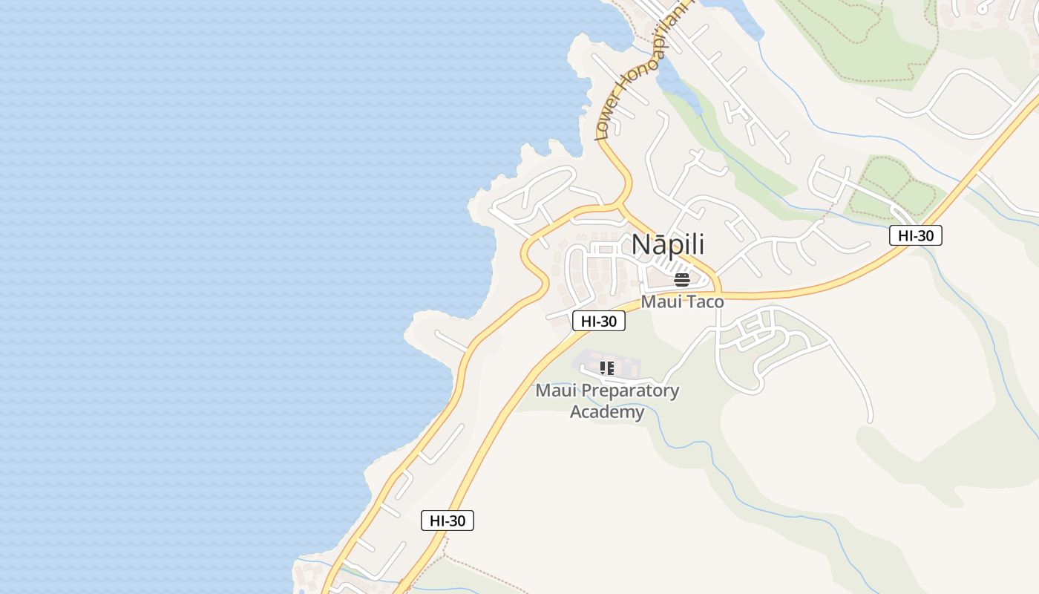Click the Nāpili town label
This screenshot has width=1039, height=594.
pos(668,244)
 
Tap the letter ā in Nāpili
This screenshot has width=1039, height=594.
pos(657,244)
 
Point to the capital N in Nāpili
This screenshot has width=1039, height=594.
pos(640,244)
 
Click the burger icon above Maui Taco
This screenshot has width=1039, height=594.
pos(681,280)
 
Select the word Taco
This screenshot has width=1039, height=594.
pos(706,302)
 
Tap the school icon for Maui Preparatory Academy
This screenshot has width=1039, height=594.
pos(607,368)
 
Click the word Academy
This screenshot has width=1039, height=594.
pos(607,411)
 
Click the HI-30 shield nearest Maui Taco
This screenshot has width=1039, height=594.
pos(598,321)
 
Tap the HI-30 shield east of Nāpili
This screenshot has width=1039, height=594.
pos(915,235)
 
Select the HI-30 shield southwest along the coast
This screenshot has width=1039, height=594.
pos(447,520)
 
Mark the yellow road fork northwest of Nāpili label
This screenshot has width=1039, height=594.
pos(619,203)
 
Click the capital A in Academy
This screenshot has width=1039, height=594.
pos(576,411)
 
